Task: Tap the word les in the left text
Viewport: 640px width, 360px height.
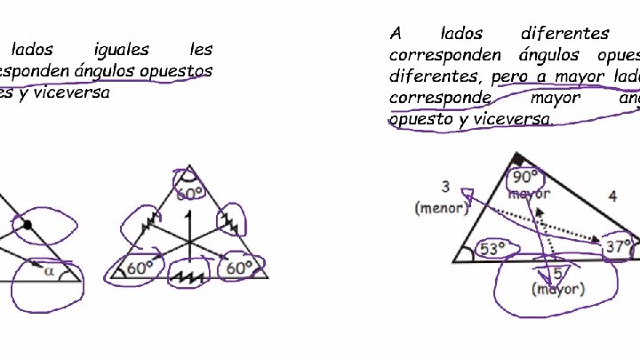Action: [201, 50]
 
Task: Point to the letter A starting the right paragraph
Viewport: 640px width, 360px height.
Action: [396, 35]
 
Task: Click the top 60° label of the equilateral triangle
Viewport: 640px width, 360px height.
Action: [190, 192]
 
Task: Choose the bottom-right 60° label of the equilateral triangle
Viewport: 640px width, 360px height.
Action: [240, 267]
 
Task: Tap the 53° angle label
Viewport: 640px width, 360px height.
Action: [492, 250]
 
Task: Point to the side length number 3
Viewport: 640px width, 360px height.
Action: [445, 187]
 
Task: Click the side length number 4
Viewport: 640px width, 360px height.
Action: [612, 196]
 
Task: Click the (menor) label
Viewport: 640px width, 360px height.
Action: [441, 208]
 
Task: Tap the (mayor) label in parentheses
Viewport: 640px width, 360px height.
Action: [557, 289]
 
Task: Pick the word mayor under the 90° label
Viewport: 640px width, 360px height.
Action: [529, 193]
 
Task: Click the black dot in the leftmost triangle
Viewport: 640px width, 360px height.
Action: [28, 226]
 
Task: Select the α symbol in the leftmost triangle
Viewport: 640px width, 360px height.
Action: [49, 271]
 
